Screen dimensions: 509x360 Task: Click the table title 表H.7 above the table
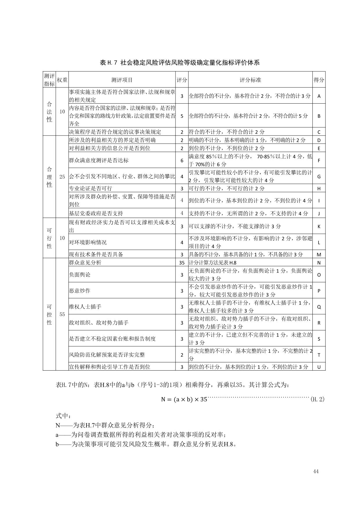(180, 62)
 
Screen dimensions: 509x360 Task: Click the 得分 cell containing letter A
(319, 96)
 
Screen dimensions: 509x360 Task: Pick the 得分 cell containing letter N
(319, 263)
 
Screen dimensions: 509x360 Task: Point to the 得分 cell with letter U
(319, 367)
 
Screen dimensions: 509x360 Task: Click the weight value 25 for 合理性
(62, 176)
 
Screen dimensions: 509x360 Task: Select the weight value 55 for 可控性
(62, 314)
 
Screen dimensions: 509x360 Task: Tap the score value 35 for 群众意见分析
(182, 263)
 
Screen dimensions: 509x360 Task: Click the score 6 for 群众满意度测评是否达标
(182, 160)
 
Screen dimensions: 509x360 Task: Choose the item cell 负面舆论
(80, 275)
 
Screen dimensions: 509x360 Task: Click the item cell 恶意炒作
(80, 290)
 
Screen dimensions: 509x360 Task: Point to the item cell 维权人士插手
(85, 307)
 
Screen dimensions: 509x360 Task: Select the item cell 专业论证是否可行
(91, 188)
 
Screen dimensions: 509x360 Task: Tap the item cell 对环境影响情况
(88, 242)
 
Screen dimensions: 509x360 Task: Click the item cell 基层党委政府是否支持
(96, 214)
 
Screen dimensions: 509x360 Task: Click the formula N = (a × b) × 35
(184, 399)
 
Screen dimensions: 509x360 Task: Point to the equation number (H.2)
(317, 399)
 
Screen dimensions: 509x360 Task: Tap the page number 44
(316, 471)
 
